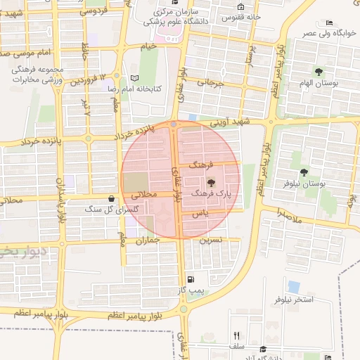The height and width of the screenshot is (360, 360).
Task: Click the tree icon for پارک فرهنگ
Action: click(x=212, y=182)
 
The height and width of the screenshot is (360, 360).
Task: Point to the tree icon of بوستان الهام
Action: click(x=319, y=72)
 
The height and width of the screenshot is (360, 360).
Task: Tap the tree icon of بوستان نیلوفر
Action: click(x=304, y=172)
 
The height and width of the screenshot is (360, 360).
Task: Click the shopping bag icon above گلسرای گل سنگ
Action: click(x=112, y=199)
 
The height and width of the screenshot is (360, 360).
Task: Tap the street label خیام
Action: click(x=147, y=46)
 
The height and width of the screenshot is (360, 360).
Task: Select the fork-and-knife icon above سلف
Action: click(x=237, y=335)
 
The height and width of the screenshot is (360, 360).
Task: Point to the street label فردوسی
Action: click(x=94, y=12)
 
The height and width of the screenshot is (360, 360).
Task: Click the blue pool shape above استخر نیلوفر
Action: click(x=293, y=287)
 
